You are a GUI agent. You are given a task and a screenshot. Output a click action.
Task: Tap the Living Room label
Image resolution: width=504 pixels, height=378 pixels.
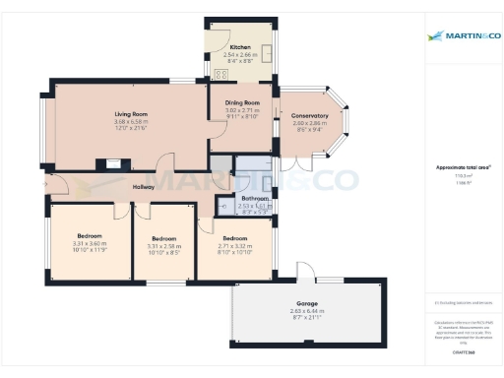pos(130,115)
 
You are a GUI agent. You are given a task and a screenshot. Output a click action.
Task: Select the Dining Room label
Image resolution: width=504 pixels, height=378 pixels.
pos(243,103)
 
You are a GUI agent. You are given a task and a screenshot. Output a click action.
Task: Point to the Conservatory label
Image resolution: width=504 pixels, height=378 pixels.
pos(313,109)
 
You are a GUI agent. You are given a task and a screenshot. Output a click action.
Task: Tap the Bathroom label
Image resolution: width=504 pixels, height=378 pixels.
pos(254,199)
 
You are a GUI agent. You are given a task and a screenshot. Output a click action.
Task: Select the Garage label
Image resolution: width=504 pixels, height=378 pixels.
pos(308,303)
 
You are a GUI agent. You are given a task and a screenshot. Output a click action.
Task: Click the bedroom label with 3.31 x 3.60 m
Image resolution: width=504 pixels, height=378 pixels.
pos(90,236)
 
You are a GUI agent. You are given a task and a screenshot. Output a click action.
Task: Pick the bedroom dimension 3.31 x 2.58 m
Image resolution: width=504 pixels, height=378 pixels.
pos(163,245)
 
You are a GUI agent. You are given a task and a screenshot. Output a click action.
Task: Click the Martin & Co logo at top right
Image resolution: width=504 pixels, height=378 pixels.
pos(462,37)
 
